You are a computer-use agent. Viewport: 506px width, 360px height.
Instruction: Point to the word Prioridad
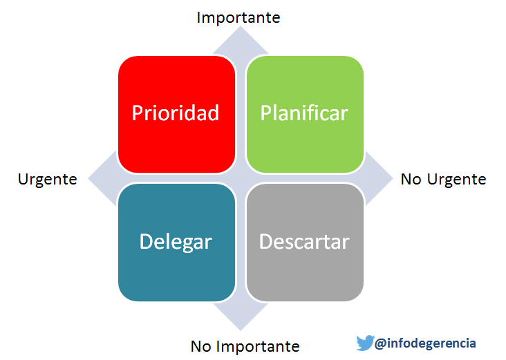(176, 113)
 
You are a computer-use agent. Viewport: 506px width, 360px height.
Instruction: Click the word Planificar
(304, 113)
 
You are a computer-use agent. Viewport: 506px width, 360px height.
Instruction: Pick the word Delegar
(176, 242)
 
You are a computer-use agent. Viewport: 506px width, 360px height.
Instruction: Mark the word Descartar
(304, 242)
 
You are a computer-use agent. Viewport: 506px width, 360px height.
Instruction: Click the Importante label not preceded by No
(238, 17)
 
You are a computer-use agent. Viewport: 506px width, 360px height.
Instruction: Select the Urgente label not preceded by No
(47, 179)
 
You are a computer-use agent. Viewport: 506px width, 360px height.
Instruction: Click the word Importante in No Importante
(257, 345)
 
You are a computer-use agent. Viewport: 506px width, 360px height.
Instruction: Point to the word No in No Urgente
(411, 180)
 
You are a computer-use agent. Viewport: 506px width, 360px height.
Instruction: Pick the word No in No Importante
(200, 345)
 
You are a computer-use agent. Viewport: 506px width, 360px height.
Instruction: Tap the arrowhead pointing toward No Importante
(240, 314)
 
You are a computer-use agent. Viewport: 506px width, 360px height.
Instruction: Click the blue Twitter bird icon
(364, 343)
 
